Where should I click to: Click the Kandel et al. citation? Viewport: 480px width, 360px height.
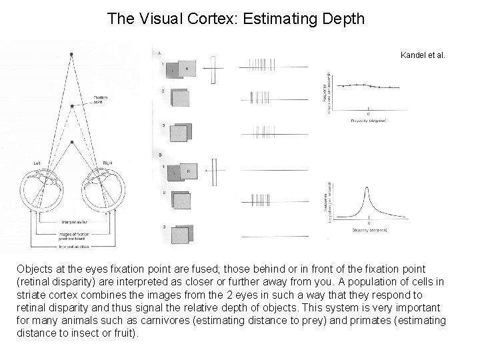(x=423, y=55)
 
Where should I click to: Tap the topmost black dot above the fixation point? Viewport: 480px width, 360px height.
(x=71, y=53)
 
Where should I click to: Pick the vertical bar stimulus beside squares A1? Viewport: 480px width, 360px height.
(x=214, y=69)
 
